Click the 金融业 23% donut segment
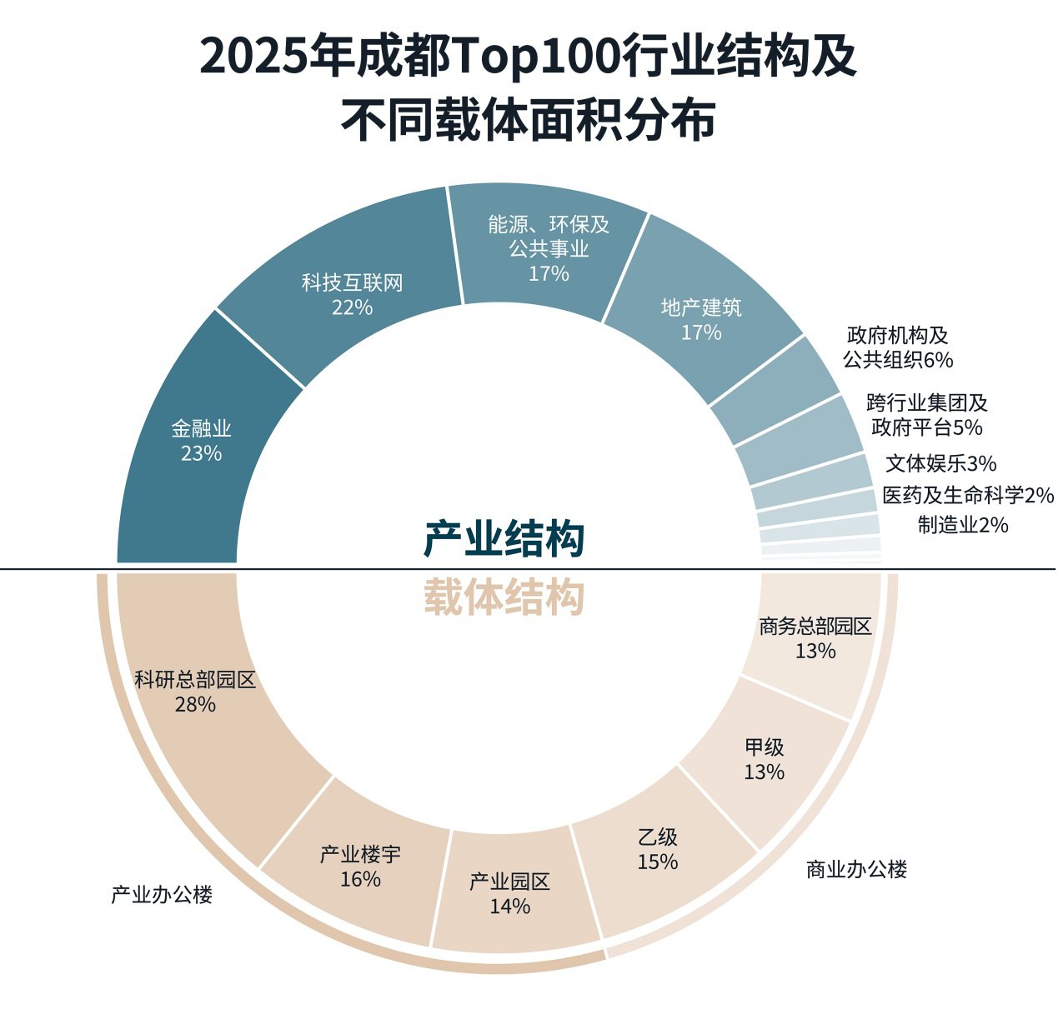[x=202, y=442]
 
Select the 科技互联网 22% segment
[x=352, y=295]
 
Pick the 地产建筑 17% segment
[x=701, y=320]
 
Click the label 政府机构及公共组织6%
[x=898, y=347]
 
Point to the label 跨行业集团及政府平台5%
[x=927, y=415]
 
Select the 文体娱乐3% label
[x=941, y=463]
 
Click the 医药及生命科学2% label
[x=968, y=496]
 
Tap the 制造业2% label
[x=963, y=525]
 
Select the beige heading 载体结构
[x=504, y=597]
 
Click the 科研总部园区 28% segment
[x=195, y=692]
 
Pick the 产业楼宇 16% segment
[x=360, y=867]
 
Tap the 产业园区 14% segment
[x=509, y=893]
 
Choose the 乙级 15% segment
[x=658, y=849]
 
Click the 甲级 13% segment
[x=765, y=759]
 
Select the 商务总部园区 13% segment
[x=815, y=638]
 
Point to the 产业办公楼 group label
[x=162, y=895]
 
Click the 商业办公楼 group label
[x=856, y=870]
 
